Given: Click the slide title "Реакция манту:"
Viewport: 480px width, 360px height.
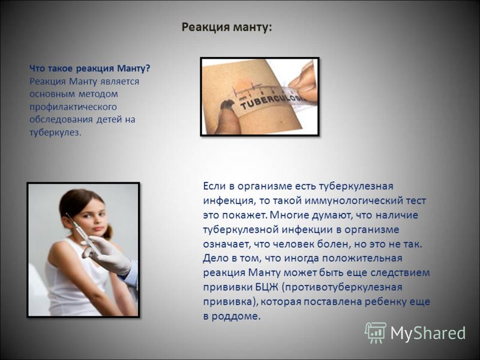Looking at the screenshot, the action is coord(227,28).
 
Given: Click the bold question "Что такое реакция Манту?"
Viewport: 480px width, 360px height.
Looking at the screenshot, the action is coord(90,68).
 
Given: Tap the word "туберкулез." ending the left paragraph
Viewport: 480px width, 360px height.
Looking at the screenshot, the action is coord(55,133).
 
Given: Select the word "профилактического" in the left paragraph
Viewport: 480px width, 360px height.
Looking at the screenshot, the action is coord(73,107).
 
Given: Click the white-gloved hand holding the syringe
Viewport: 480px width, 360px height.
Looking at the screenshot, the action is coord(109,254).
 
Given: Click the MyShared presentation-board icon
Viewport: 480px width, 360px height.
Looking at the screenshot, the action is coord(376,332).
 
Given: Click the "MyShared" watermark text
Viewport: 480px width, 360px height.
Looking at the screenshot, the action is coord(428,332).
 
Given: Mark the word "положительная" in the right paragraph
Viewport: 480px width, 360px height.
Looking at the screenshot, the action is coord(362,259).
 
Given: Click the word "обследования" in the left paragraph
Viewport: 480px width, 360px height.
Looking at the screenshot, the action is coord(61,119).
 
